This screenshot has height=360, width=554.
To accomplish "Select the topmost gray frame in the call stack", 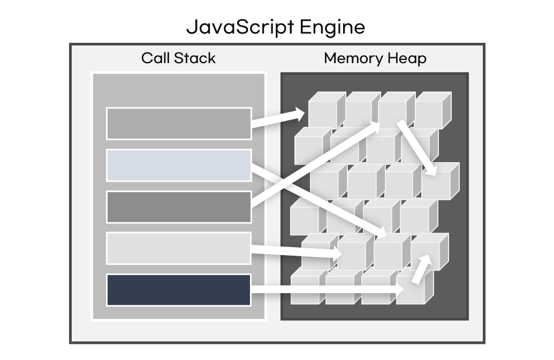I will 178,124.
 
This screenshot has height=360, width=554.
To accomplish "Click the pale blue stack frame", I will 178,165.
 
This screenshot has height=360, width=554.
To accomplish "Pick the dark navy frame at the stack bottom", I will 178,290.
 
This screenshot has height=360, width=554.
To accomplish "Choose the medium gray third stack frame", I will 178,206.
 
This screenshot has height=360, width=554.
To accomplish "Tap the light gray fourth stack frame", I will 178,248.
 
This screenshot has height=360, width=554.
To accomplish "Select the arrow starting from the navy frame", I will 321,289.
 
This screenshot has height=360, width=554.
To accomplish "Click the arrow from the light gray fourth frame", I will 294,249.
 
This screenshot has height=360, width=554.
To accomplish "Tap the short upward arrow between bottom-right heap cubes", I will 421,267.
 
